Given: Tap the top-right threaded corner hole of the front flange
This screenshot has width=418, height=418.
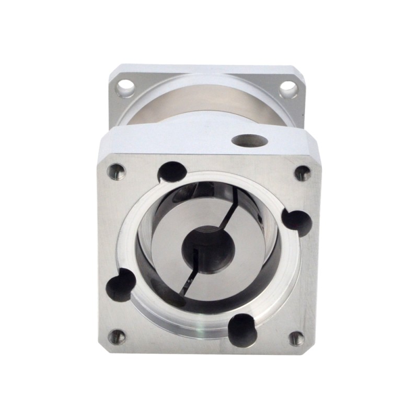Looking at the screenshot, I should click(x=303, y=173).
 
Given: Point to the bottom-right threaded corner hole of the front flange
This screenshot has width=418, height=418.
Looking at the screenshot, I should click(x=296, y=339).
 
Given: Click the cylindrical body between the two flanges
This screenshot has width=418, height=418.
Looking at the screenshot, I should click(x=209, y=102).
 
